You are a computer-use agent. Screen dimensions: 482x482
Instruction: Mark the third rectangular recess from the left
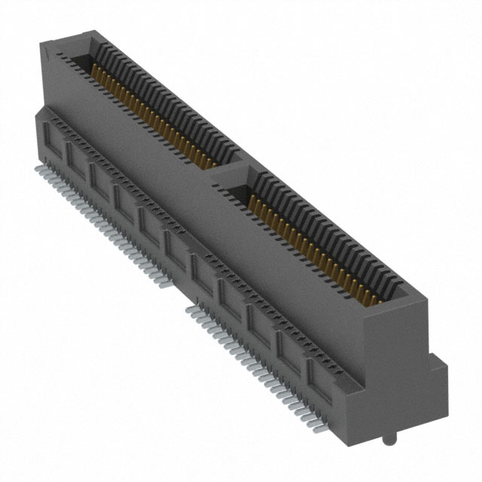[101, 179]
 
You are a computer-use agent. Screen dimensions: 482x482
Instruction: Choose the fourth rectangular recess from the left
[125, 201]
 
